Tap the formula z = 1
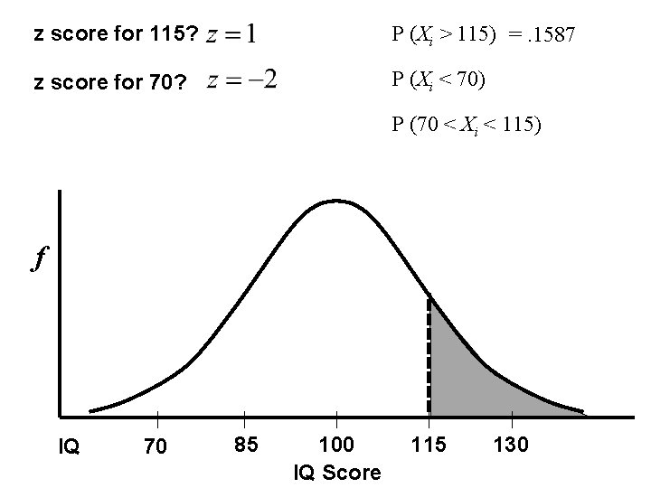(x=231, y=35)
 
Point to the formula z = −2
(x=242, y=81)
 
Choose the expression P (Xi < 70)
(x=439, y=81)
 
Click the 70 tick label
(x=156, y=446)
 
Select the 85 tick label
(x=245, y=445)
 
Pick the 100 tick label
(x=337, y=445)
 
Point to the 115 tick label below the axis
(x=429, y=445)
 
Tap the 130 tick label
(x=513, y=445)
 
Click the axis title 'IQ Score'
(x=337, y=473)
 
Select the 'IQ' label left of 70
(x=70, y=446)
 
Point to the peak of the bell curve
(x=336, y=200)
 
